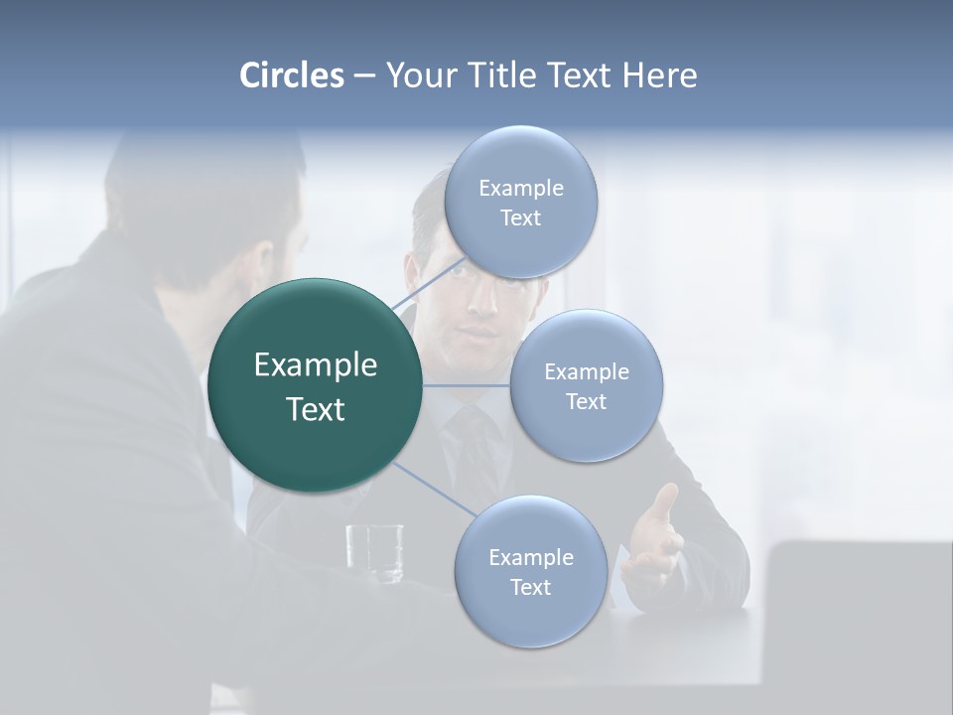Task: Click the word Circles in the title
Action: coord(291,75)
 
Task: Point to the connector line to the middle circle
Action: coord(467,385)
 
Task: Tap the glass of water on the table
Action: coord(375,552)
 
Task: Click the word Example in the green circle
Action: coord(316,365)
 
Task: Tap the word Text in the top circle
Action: coord(520,218)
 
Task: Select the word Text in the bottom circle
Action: coord(530,588)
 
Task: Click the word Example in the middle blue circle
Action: coord(587,372)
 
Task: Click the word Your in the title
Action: coord(417,75)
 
